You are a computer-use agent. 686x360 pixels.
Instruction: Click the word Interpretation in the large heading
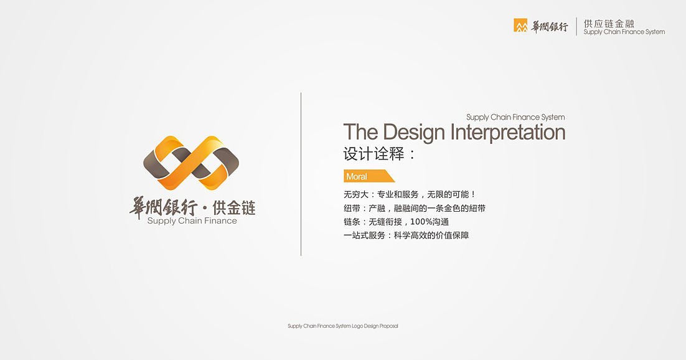(507, 133)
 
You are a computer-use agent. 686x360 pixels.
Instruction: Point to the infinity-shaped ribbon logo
(191, 162)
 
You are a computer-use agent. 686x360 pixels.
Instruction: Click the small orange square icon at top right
(520, 26)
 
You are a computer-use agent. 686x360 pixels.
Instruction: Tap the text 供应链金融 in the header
(609, 23)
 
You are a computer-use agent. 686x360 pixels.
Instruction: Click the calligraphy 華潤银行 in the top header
(550, 26)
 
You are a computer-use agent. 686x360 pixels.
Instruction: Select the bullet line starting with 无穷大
(410, 194)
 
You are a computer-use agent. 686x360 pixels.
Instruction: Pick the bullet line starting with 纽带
(414, 208)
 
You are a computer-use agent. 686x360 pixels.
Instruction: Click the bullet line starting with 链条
(396, 222)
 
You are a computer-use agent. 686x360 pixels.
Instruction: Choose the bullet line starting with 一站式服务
(406, 235)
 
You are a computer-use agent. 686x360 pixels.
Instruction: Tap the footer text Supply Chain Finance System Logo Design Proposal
(342, 326)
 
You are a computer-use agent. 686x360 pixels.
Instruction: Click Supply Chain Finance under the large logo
(192, 220)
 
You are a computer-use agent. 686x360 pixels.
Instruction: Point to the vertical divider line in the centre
(301, 174)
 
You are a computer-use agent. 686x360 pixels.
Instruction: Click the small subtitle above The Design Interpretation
(515, 117)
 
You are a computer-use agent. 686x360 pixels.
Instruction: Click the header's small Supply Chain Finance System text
(624, 32)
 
